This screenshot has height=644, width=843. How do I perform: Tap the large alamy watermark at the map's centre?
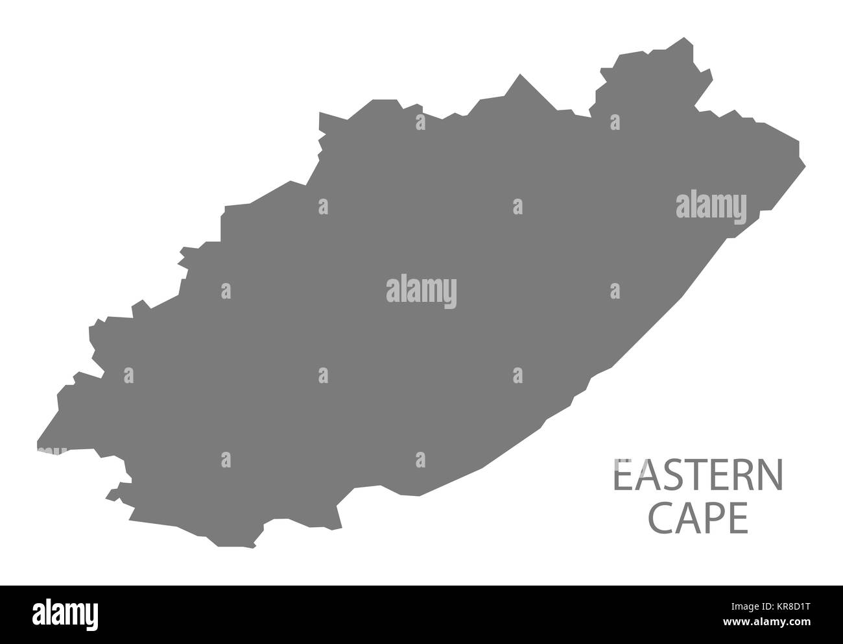pos(421,290)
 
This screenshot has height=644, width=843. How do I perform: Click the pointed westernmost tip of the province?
pos(38,448)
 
